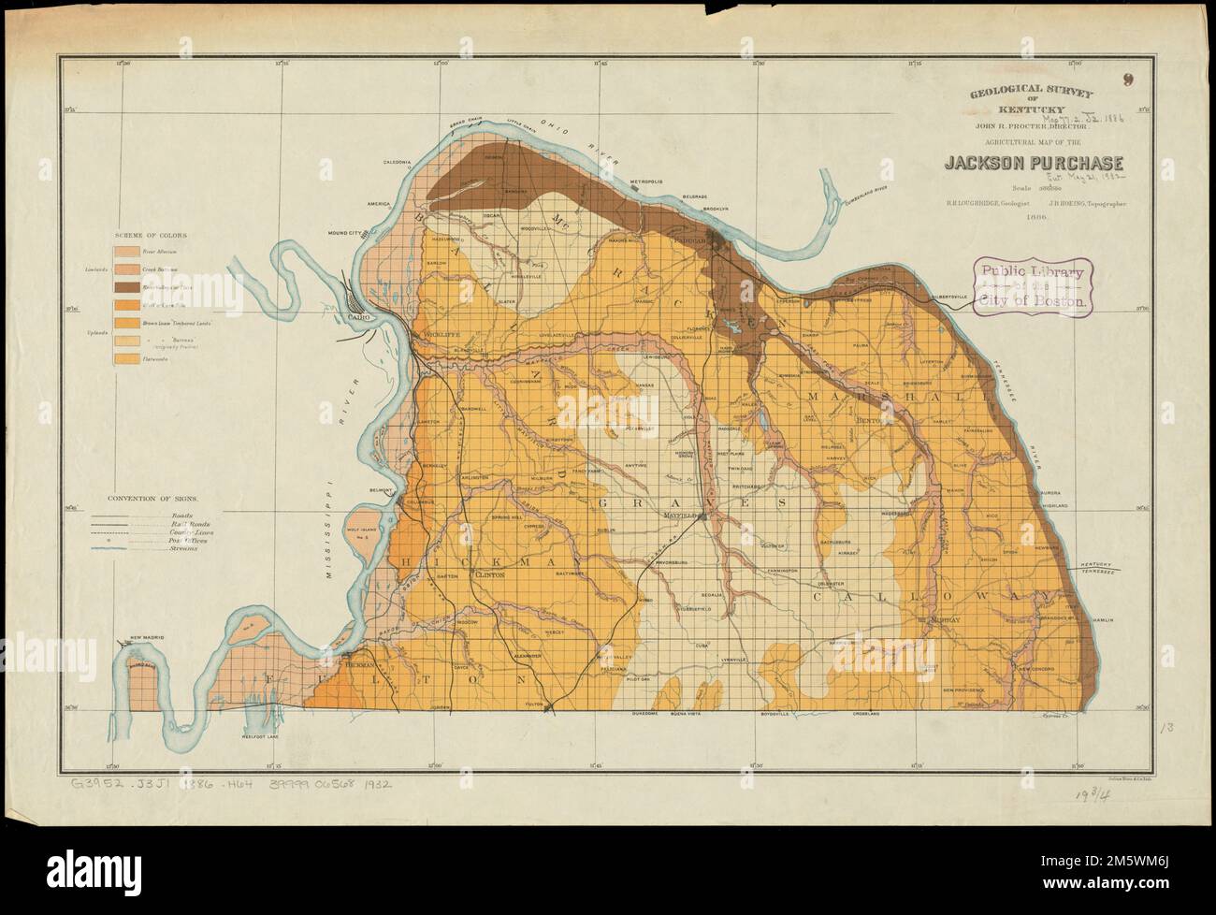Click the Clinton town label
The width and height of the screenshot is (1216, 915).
(490, 576)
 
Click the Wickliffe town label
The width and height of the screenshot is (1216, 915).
(438, 333)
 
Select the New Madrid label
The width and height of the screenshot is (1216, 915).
(147, 637)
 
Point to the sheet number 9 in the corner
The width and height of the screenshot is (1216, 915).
(1129, 80)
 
